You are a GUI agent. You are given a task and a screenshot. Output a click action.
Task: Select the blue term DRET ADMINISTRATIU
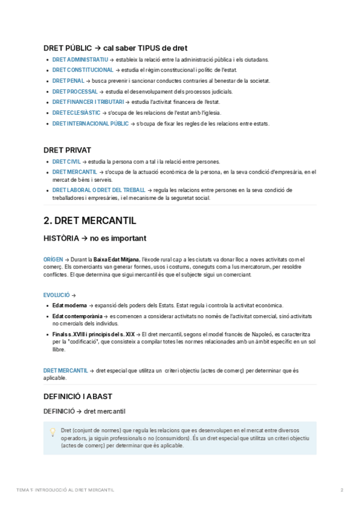point(80,60)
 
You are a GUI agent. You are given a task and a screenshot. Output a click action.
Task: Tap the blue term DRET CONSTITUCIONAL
point(82,70)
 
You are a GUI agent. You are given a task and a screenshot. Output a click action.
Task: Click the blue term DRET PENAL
point(68,80)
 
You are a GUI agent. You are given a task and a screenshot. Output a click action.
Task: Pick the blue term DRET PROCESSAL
point(75,91)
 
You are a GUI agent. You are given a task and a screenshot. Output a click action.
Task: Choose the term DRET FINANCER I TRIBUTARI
point(88,102)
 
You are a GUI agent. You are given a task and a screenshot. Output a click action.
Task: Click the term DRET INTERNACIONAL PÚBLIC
point(91,124)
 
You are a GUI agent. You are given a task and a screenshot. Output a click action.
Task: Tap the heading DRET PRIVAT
point(68,149)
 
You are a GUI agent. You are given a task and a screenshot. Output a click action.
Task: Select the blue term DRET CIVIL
point(67,161)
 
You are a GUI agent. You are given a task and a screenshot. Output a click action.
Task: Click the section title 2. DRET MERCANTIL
point(90,220)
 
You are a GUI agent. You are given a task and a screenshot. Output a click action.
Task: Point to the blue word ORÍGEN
point(53,259)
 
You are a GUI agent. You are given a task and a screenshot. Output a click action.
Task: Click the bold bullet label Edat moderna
point(70,306)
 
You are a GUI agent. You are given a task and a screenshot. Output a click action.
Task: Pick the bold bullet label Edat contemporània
point(77,316)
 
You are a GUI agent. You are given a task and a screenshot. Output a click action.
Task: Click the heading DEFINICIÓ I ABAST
point(78,397)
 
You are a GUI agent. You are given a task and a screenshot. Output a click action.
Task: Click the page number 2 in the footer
point(342,490)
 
